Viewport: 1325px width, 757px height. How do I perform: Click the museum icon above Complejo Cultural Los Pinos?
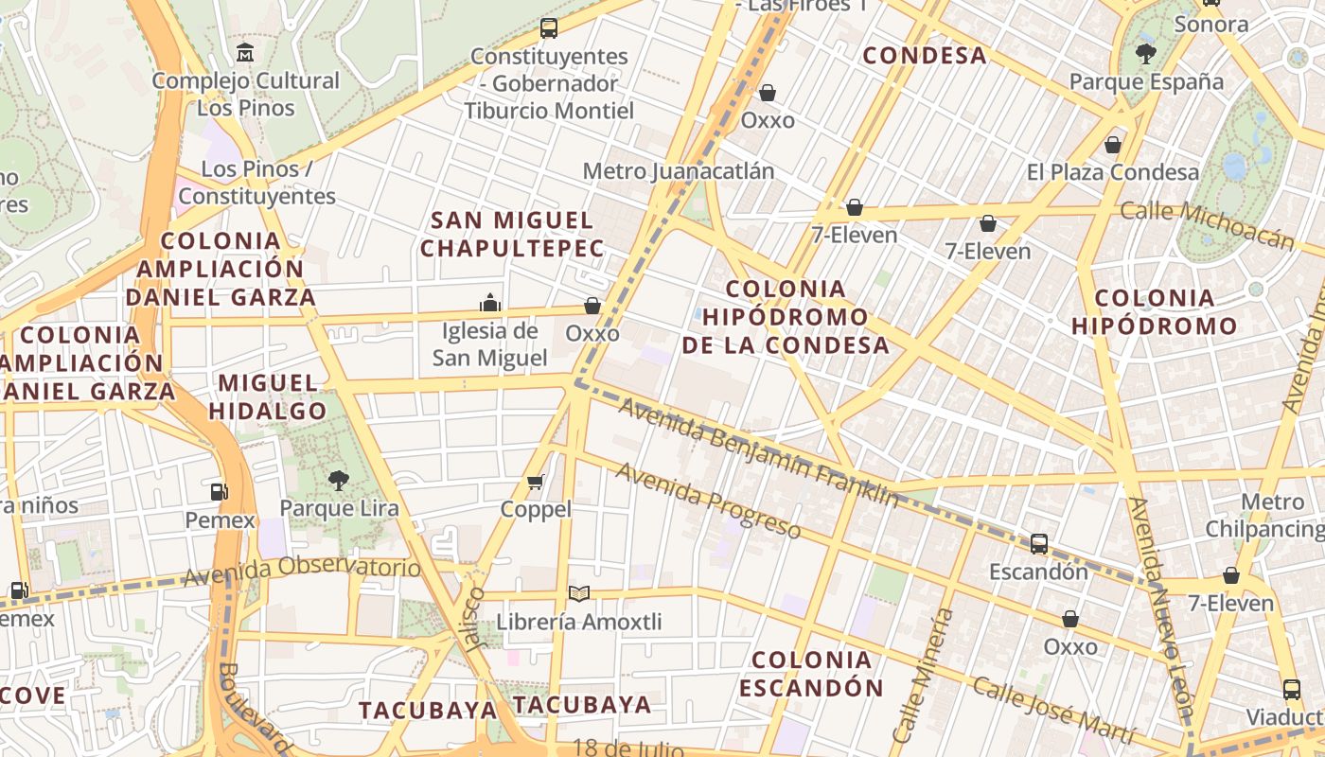245,52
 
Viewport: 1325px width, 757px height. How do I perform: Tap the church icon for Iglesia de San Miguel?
490,303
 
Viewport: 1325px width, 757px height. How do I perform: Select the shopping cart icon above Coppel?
535,483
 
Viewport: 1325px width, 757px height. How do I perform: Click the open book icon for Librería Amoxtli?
578,593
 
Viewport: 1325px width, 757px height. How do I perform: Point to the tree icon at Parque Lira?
338,481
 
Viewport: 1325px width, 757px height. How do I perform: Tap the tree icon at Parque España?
1146,54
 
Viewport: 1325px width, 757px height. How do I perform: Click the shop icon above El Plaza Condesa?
1113,145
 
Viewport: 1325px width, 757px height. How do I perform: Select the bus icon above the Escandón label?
1038,544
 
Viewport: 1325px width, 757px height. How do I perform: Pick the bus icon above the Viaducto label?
1291,689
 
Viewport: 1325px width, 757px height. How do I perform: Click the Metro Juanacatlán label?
678,171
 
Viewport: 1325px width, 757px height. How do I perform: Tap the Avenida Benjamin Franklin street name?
757,452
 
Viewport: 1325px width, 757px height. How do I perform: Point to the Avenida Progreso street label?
708,500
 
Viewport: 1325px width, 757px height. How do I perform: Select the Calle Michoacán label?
1207,225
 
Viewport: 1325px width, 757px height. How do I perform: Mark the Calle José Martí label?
1053,710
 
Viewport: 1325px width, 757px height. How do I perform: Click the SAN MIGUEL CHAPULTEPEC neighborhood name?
512,235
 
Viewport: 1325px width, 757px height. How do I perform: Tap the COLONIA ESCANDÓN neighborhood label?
811,673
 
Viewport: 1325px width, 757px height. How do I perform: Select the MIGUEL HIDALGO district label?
268,396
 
